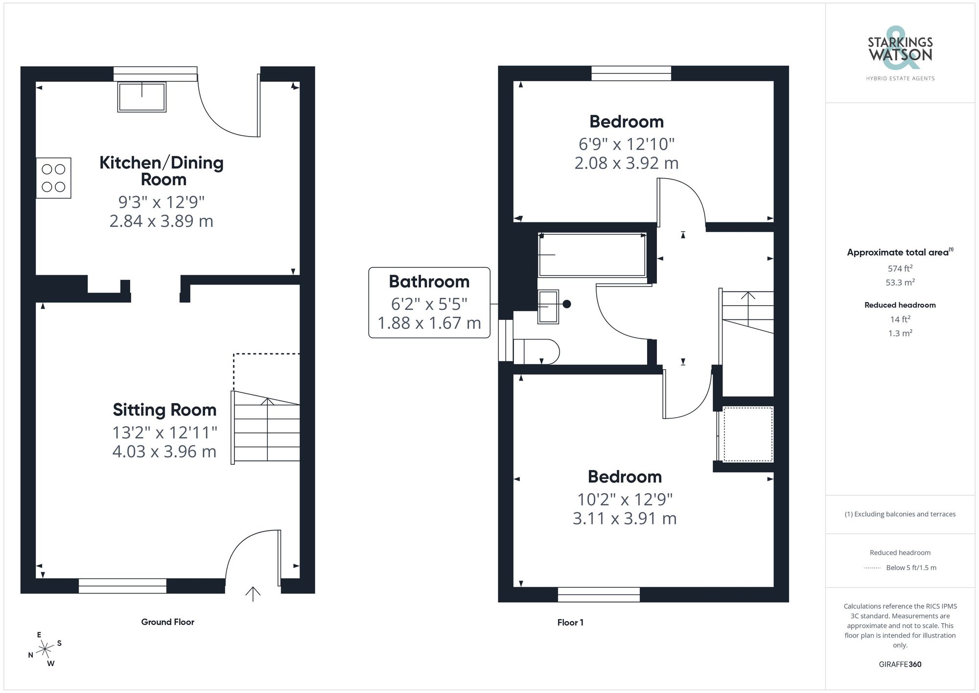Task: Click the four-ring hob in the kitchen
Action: click(x=53, y=178)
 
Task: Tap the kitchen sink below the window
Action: click(x=142, y=97)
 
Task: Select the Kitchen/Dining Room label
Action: click(x=162, y=170)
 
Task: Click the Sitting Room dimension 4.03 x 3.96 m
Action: click(x=164, y=452)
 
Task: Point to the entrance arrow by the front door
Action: click(x=253, y=594)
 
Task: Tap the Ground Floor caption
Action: click(x=167, y=622)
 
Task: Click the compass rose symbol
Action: click(x=45, y=649)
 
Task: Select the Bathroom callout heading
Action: click(x=429, y=282)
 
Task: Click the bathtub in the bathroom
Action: click(x=592, y=255)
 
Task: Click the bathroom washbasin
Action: click(x=548, y=307)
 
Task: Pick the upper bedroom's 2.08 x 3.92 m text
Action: click(x=626, y=163)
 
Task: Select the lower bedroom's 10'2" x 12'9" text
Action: click(x=625, y=500)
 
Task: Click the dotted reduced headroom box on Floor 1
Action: click(x=747, y=434)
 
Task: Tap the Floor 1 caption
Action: click(x=570, y=622)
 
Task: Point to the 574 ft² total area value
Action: click(x=900, y=268)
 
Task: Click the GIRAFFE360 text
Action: click(x=900, y=665)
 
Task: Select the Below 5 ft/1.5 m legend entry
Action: click(x=910, y=568)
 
